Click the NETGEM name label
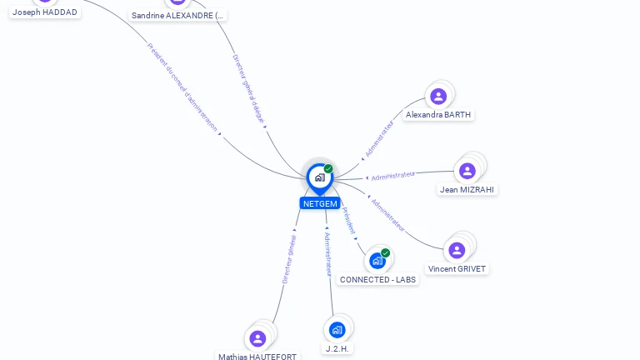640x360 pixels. [320, 203]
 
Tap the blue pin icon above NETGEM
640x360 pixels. [319, 177]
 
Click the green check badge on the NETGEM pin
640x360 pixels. [328, 168]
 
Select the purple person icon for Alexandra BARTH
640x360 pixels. [438, 97]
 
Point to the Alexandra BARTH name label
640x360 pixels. [439, 115]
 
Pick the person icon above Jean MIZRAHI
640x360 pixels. [467, 171]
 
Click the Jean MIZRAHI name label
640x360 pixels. [467, 189]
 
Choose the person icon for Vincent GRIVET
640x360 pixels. [457, 250]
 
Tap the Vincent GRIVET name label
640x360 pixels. [457, 268]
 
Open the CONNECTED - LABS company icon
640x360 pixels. [377, 261]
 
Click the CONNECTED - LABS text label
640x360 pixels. [377, 279]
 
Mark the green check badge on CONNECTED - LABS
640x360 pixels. [385, 252]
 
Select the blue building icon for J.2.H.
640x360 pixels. [337, 330]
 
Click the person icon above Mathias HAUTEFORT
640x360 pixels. [257, 338]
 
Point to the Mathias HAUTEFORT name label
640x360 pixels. [257, 356]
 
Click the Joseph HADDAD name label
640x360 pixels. [45, 12]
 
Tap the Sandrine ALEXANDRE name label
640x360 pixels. [178, 15]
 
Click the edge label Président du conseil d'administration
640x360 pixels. [182, 87]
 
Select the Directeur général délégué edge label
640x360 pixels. [248, 89]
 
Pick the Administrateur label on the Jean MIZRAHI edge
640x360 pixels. [393, 175]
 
